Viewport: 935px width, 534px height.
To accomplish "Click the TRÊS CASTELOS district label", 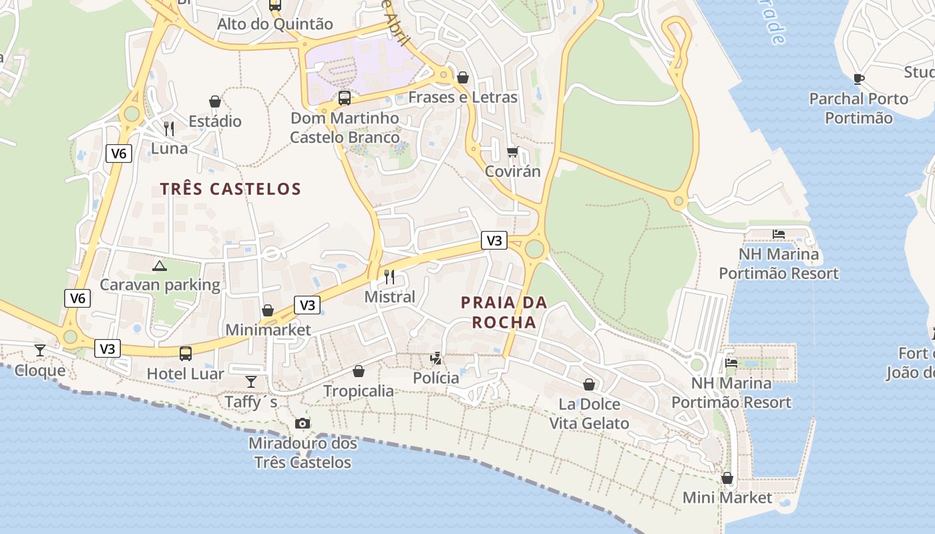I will [x=230, y=189].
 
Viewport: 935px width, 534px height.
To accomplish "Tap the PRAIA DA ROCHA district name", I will [x=504, y=312].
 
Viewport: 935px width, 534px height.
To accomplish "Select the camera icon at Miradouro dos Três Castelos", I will [x=303, y=423].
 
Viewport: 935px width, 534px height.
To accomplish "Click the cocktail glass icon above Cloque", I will [x=40, y=350].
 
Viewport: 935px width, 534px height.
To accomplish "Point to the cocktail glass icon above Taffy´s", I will [x=251, y=381].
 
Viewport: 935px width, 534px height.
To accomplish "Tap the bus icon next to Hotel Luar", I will [x=186, y=353].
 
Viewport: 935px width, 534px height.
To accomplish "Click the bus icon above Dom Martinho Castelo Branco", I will [x=345, y=98].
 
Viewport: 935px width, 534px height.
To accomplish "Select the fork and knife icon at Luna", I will [x=169, y=128].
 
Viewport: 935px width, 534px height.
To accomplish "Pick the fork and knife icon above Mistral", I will [x=389, y=276].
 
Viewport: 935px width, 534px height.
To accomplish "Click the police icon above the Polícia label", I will [x=436, y=358].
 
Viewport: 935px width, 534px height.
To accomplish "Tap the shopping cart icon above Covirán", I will [x=512, y=152].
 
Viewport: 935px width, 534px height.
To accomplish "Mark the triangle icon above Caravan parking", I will [x=160, y=266].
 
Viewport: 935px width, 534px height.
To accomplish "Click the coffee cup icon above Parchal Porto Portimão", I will [x=859, y=79].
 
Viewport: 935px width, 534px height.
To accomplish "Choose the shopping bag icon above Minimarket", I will [x=268, y=310].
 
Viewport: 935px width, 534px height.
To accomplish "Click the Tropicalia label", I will [x=359, y=390].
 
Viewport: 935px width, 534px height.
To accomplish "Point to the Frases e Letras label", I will [x=463, y=97].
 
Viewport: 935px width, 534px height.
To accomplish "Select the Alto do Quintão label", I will [x=275, y=24].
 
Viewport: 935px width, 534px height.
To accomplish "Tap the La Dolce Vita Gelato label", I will [x=589, y=414].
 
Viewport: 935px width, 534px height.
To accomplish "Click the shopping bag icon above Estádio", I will [x=215, y=101].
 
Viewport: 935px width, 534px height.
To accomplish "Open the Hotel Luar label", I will [x=186, y=373].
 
